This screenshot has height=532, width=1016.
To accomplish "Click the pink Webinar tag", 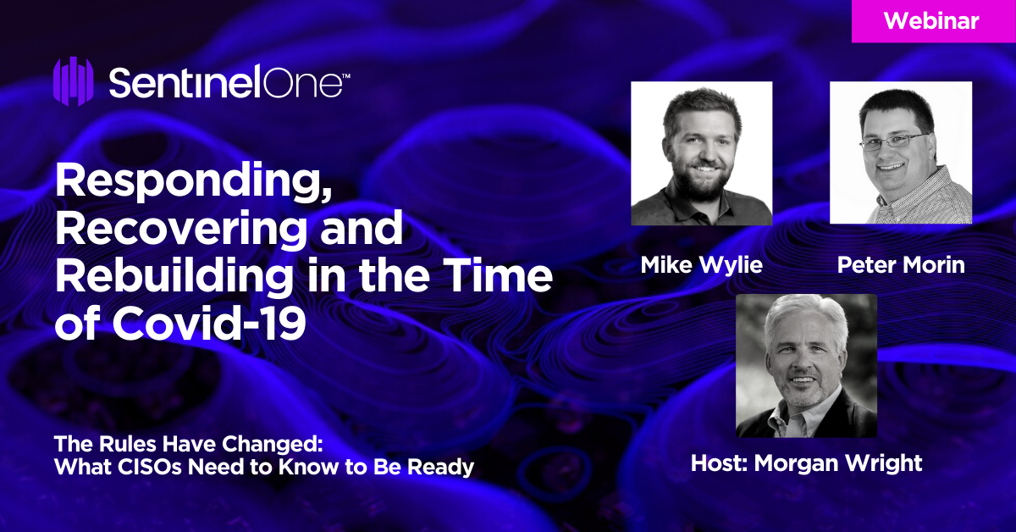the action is (933, 21).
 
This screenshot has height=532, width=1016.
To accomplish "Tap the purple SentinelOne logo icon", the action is (74, 81).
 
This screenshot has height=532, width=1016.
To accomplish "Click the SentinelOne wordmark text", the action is (229, 81).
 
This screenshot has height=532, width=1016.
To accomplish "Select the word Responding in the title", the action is (194, 182).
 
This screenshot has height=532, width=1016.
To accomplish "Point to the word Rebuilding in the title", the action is (174, 276).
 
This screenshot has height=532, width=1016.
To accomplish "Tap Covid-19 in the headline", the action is (209, 323).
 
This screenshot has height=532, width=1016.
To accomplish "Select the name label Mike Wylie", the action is (701, 264).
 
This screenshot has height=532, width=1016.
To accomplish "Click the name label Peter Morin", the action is (901, 264).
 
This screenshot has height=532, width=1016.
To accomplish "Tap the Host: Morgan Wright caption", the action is (806, 463).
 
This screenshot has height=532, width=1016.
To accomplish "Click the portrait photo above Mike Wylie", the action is (701, 153).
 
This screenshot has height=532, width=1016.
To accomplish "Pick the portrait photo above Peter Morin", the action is (901, 152).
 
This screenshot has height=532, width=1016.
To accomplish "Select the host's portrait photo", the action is (806, 365).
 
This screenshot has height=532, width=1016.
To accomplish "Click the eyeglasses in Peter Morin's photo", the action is (892, 142).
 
